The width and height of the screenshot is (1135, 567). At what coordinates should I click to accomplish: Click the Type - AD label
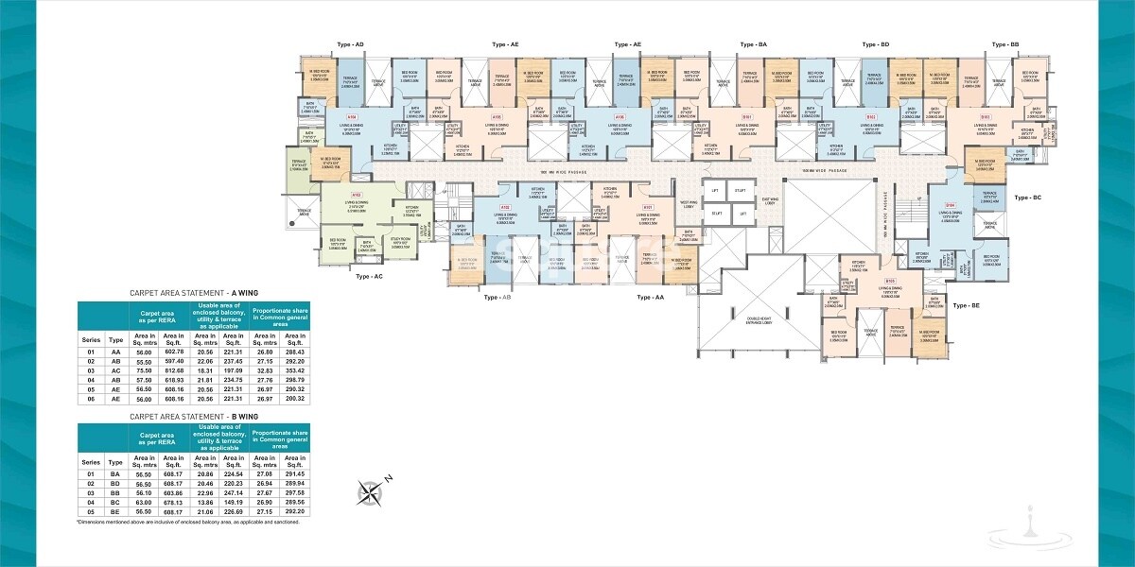(351, 44)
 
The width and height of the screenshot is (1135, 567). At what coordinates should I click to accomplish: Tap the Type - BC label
(1027, 198)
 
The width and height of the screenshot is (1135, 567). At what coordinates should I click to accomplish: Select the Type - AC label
(369, 277)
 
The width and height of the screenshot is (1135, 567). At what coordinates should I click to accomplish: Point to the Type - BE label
(967, 306)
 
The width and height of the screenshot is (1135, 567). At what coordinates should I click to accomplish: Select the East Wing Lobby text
(770, 201)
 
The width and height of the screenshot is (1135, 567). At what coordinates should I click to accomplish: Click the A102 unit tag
(505, 207)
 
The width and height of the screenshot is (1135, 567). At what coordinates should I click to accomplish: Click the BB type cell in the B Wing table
(116, 491)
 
